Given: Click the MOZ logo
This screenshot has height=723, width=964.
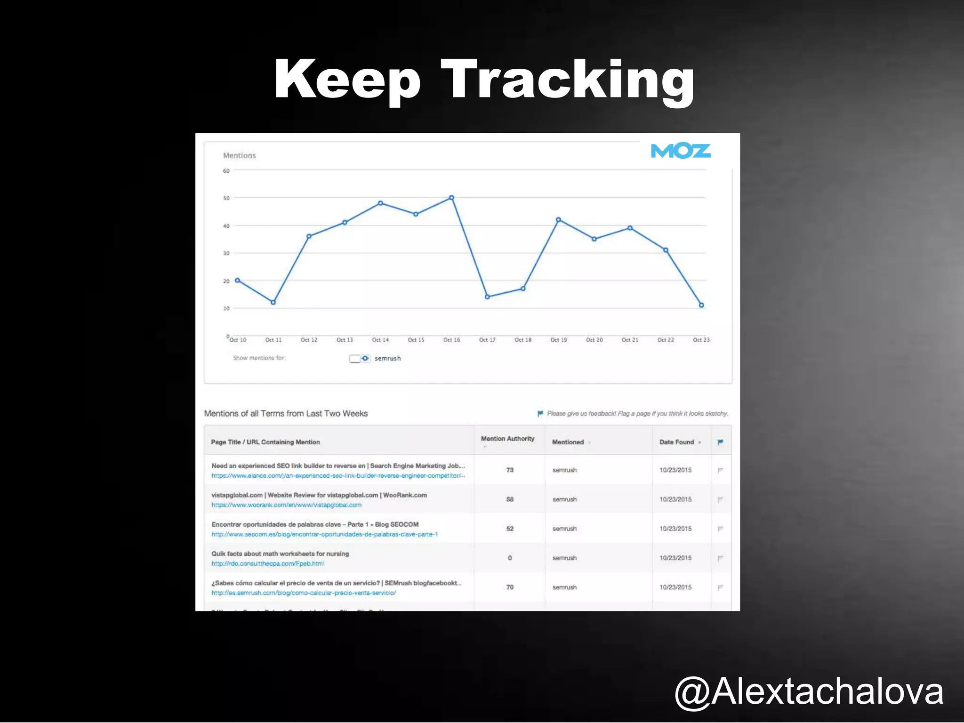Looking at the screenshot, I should click(x=680, y=151).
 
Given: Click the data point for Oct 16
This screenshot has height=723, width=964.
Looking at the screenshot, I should click(x=451, y=198).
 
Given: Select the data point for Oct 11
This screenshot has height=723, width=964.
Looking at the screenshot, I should click(x=273, y=302).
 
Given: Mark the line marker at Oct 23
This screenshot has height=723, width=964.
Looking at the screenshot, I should click(x=701, y=305).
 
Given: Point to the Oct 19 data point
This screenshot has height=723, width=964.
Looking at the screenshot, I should click(x=558, y=220).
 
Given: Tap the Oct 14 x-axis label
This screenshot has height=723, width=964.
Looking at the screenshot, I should click(x=380, y=340).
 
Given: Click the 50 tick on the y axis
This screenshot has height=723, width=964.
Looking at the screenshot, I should click(x=226, y=198).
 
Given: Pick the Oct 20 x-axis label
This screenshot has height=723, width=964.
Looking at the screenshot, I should click(x=594, y=340).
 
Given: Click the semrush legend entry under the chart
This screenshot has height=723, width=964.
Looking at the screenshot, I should click(x=387, y=358).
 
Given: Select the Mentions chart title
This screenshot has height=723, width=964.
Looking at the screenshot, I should click(x=239, y=155).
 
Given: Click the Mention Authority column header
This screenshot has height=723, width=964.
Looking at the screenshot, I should click(x=507, y=439).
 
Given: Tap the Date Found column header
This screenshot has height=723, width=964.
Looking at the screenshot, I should click(x=676, y=442).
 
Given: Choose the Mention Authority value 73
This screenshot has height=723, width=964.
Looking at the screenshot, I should click(x=510, y=470).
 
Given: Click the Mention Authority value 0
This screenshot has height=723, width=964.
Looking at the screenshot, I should click(x=510, y=558).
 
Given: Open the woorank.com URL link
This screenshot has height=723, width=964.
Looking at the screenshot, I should click(x=286, y=505).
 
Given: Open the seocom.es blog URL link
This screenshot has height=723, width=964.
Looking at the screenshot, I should click(x=324, y=534).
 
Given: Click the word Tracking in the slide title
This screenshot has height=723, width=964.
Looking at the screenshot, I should click(x=567, y=80).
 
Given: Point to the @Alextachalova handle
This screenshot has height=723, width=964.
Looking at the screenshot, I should click(x=809, y=691).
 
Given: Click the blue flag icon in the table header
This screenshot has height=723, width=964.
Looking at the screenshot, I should click(x=720, y=442).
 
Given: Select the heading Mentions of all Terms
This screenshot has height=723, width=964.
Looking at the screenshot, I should click(x=286, y=413).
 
